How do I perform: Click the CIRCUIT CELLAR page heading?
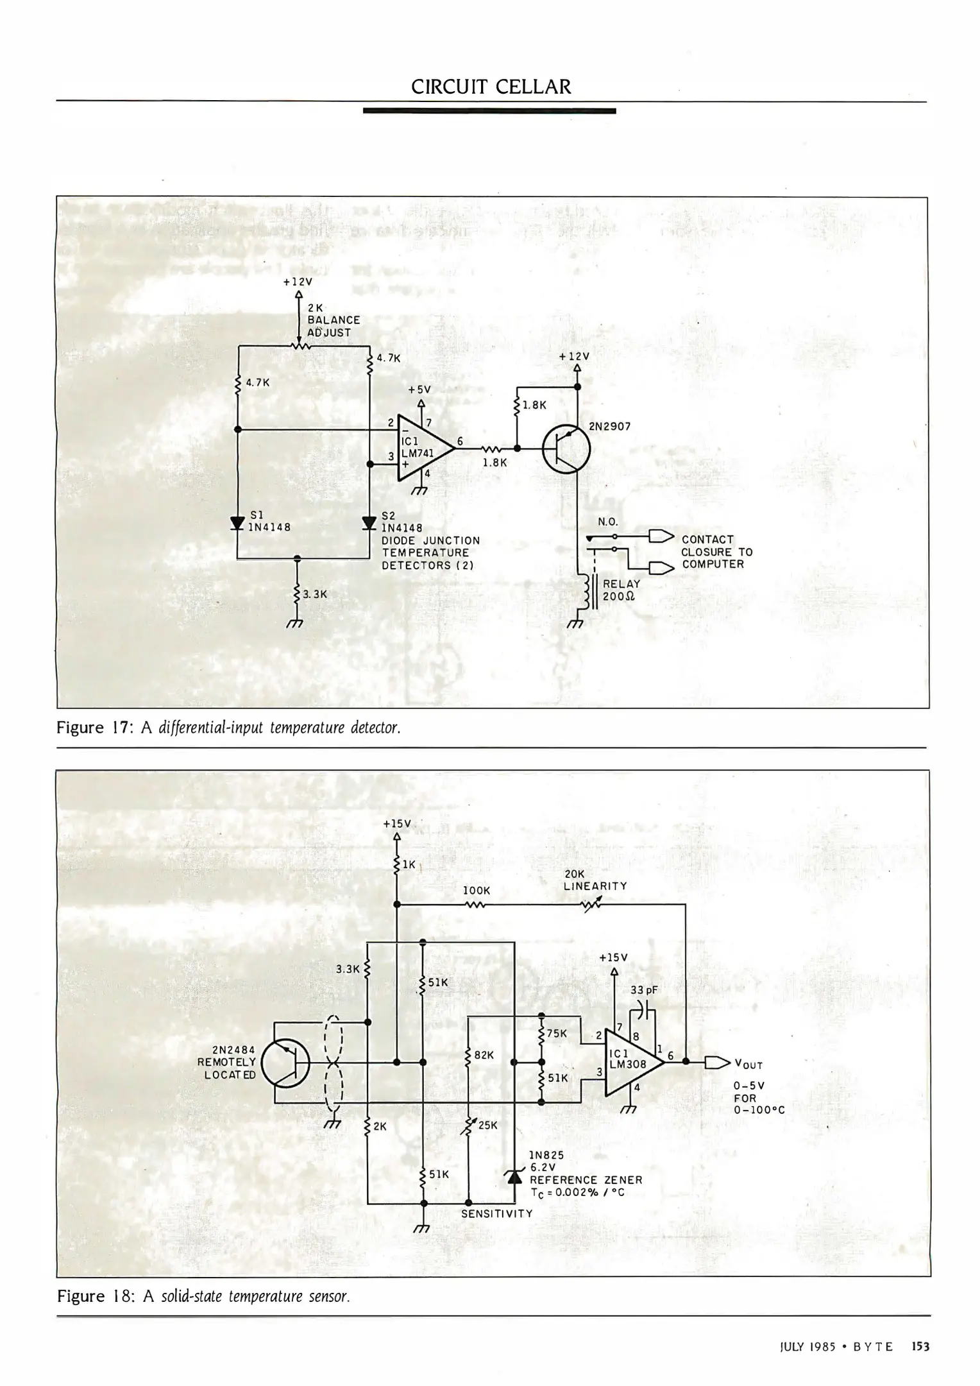491,87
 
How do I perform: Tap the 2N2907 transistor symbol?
566,449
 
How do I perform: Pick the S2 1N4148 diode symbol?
369,523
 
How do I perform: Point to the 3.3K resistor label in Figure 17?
314,594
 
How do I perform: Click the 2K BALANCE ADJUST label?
333,320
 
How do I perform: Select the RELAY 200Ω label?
621,590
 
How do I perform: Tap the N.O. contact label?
607,522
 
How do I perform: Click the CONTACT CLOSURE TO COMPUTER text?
716,552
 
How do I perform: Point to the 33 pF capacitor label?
644,990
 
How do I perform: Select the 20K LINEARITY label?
595,880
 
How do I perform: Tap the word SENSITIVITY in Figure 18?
496,1213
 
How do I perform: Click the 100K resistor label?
476,891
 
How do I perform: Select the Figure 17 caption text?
229,728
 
